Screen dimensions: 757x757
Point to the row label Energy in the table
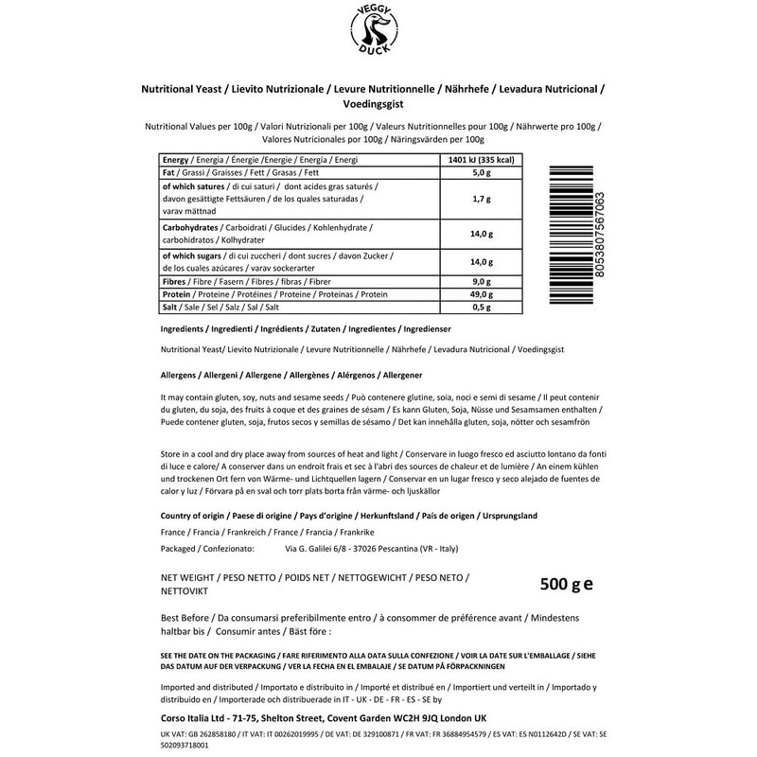tap(176, 161)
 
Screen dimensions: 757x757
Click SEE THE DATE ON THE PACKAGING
tap(214, 655)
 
